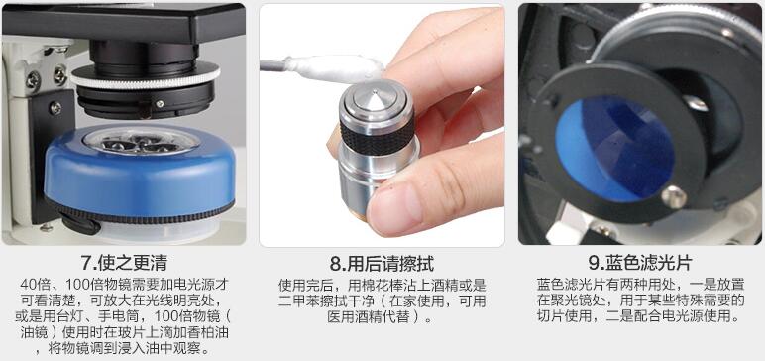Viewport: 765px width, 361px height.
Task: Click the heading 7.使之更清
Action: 125,263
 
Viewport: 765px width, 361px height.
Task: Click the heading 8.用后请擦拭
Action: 382,264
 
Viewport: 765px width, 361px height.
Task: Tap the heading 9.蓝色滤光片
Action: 640,263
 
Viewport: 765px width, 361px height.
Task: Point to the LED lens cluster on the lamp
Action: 142,140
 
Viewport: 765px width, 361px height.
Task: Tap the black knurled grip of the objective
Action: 378,133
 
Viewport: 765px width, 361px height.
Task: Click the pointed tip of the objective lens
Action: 374,91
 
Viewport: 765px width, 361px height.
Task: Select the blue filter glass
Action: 613,148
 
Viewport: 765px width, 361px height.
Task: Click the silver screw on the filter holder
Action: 674,197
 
